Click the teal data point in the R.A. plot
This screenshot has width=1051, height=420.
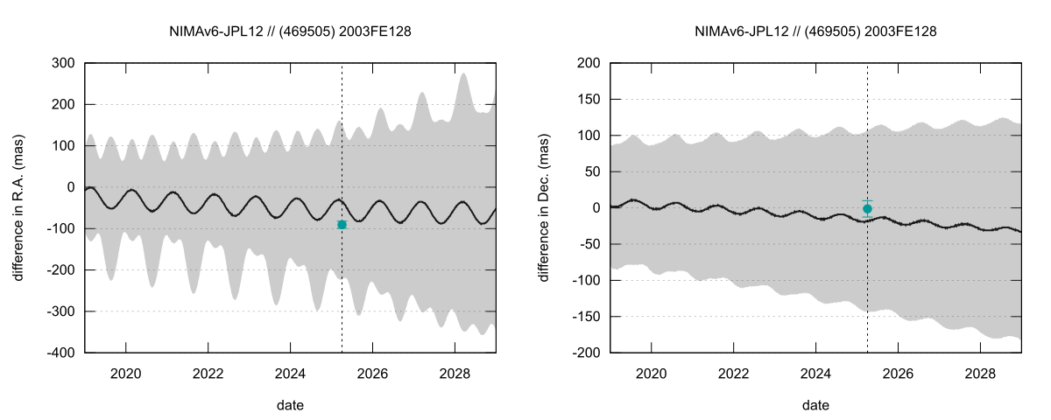click(342, 225)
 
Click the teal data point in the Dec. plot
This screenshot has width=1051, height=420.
click(867, 209)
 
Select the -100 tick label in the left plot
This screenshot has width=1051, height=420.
click(62, 229)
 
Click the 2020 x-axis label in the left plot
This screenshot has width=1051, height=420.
click(126, 372)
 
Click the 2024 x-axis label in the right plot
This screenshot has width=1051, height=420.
click(816, 372)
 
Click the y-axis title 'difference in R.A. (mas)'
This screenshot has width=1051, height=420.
click(18, 207)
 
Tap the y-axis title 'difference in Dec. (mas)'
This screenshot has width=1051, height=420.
click(544, 207)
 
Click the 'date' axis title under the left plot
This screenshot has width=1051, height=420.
click(290, 405)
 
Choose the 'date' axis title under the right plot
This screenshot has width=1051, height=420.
click(815, 405)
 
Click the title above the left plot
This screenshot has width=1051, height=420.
click(290, 31)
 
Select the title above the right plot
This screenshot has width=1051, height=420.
click(815, 31)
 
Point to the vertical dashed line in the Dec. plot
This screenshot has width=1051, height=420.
click(867, 289)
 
